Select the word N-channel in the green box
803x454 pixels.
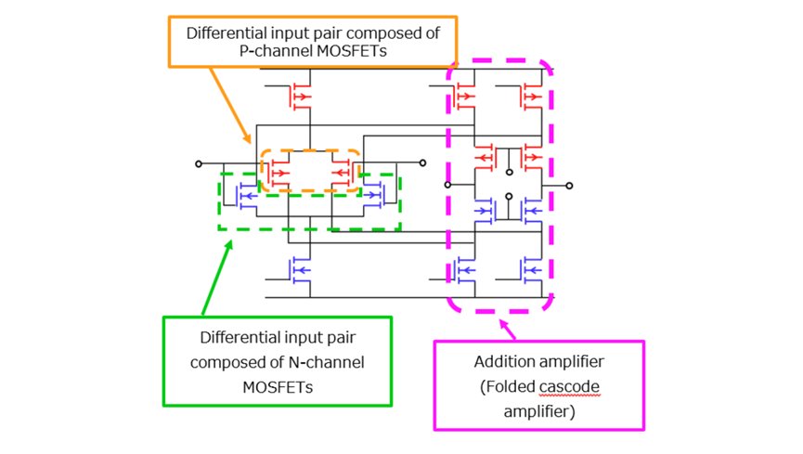[x=327, y=362]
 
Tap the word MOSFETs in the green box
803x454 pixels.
[x=278, y=387]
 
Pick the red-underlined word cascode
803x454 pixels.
[x=569, y=386]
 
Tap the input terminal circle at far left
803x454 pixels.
[x=199, y=164]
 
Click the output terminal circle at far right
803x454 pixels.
[x=569, y=186]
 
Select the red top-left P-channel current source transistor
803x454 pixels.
[x=300, y=97]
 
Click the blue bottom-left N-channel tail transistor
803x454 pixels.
[x=300, y=270]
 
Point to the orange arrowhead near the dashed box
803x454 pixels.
[x=247, y=137]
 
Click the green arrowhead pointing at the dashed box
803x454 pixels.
[x=229, y=245]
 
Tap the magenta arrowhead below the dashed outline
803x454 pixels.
[x=503, y=324]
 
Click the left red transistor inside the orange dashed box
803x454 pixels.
[x=278, y=173]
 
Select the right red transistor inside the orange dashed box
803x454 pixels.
[x=342, y=173]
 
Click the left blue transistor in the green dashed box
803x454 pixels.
[x=246, y=196]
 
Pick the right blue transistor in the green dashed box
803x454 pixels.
[x=373, y=196]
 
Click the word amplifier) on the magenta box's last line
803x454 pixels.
[x=539, y=411]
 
